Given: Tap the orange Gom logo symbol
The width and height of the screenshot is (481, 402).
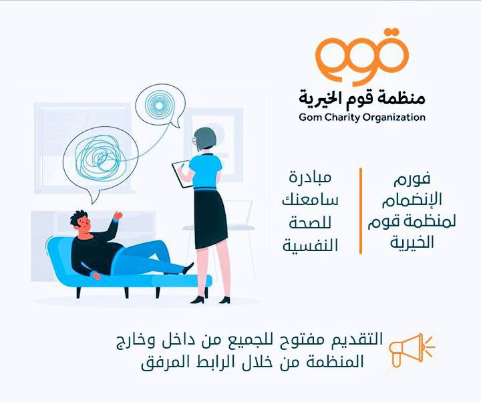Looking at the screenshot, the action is (362, 56).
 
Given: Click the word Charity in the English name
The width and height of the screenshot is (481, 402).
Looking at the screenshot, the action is (341, 117).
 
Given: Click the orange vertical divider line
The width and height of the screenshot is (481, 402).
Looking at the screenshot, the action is (361, 211).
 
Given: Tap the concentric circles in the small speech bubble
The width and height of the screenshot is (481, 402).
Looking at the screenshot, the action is (159, 106).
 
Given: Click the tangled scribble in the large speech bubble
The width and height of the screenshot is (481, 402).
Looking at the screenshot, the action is (98, 158).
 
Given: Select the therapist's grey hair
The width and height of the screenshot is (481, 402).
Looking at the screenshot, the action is (204, 138).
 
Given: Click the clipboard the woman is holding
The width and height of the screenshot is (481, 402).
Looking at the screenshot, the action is (182, 174).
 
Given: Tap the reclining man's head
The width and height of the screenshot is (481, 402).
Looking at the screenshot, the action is (81, 222).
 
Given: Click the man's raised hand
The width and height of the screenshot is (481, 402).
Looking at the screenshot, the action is (118, 215).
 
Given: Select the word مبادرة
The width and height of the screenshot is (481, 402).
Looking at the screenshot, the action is (310, 177).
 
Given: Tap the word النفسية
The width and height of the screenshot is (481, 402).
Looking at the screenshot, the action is (310, 245).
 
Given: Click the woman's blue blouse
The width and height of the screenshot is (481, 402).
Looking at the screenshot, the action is (205, 171).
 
